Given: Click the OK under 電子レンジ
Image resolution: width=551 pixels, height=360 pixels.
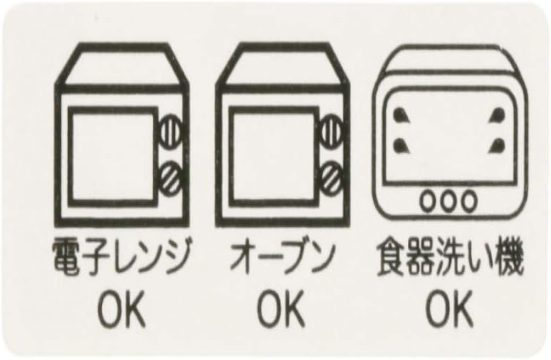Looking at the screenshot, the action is [121, 310].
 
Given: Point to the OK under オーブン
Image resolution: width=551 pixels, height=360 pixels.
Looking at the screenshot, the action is [280, 310].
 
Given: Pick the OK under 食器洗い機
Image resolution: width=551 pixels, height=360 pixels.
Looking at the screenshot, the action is [448, 310].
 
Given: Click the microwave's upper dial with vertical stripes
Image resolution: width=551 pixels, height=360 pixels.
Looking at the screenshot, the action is [171, 132].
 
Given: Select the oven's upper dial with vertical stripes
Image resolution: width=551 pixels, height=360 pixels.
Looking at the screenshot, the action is [332, 132].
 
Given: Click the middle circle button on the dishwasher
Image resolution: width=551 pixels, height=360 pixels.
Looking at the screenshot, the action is [448, 201].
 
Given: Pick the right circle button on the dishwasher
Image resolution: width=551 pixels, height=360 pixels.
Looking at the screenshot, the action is [469, 201].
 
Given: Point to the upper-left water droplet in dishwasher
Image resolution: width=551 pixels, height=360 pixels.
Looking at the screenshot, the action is [400, 115].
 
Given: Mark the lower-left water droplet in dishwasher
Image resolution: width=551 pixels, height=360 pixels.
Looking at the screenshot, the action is [400, 145].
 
